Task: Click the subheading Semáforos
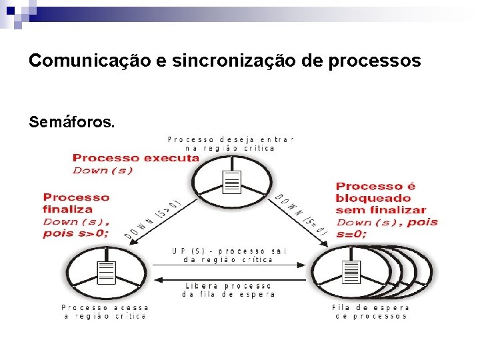click(72, 123)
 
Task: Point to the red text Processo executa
click(136, 158)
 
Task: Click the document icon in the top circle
click(232, 181)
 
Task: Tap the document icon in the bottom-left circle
click(106, 273)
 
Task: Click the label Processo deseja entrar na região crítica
click(230, 143)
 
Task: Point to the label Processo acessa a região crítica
click(105, 312)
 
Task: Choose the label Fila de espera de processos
click(370, 312)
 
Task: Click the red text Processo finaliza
click(75, 203)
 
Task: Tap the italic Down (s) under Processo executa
click(101, 171)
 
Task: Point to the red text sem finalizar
click(380, 211)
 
